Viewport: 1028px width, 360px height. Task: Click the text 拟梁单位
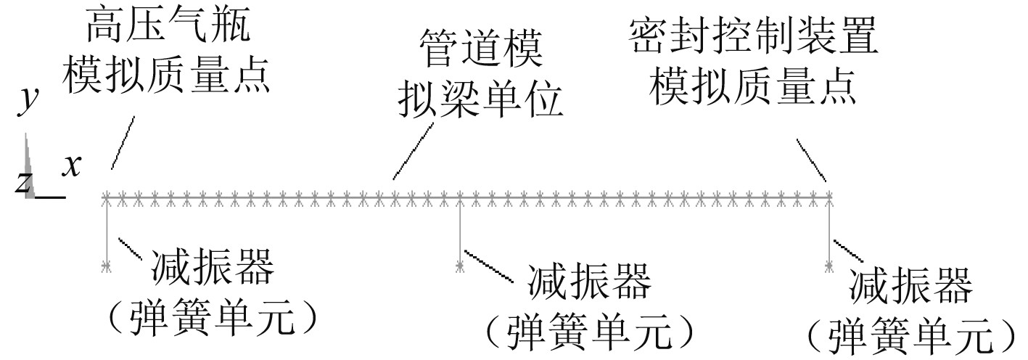click(480, 103)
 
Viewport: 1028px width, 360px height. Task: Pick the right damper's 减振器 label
click(910, 287)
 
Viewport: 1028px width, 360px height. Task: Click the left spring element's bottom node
click(107, 268)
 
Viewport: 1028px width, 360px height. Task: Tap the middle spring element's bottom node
click(459, 267)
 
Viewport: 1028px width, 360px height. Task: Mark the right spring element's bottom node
click(830, 268)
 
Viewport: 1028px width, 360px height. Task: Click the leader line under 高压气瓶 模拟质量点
click(123, 142)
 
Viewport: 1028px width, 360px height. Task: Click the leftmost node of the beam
click(107, 196)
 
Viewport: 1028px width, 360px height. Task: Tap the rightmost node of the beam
click(830, 196)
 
